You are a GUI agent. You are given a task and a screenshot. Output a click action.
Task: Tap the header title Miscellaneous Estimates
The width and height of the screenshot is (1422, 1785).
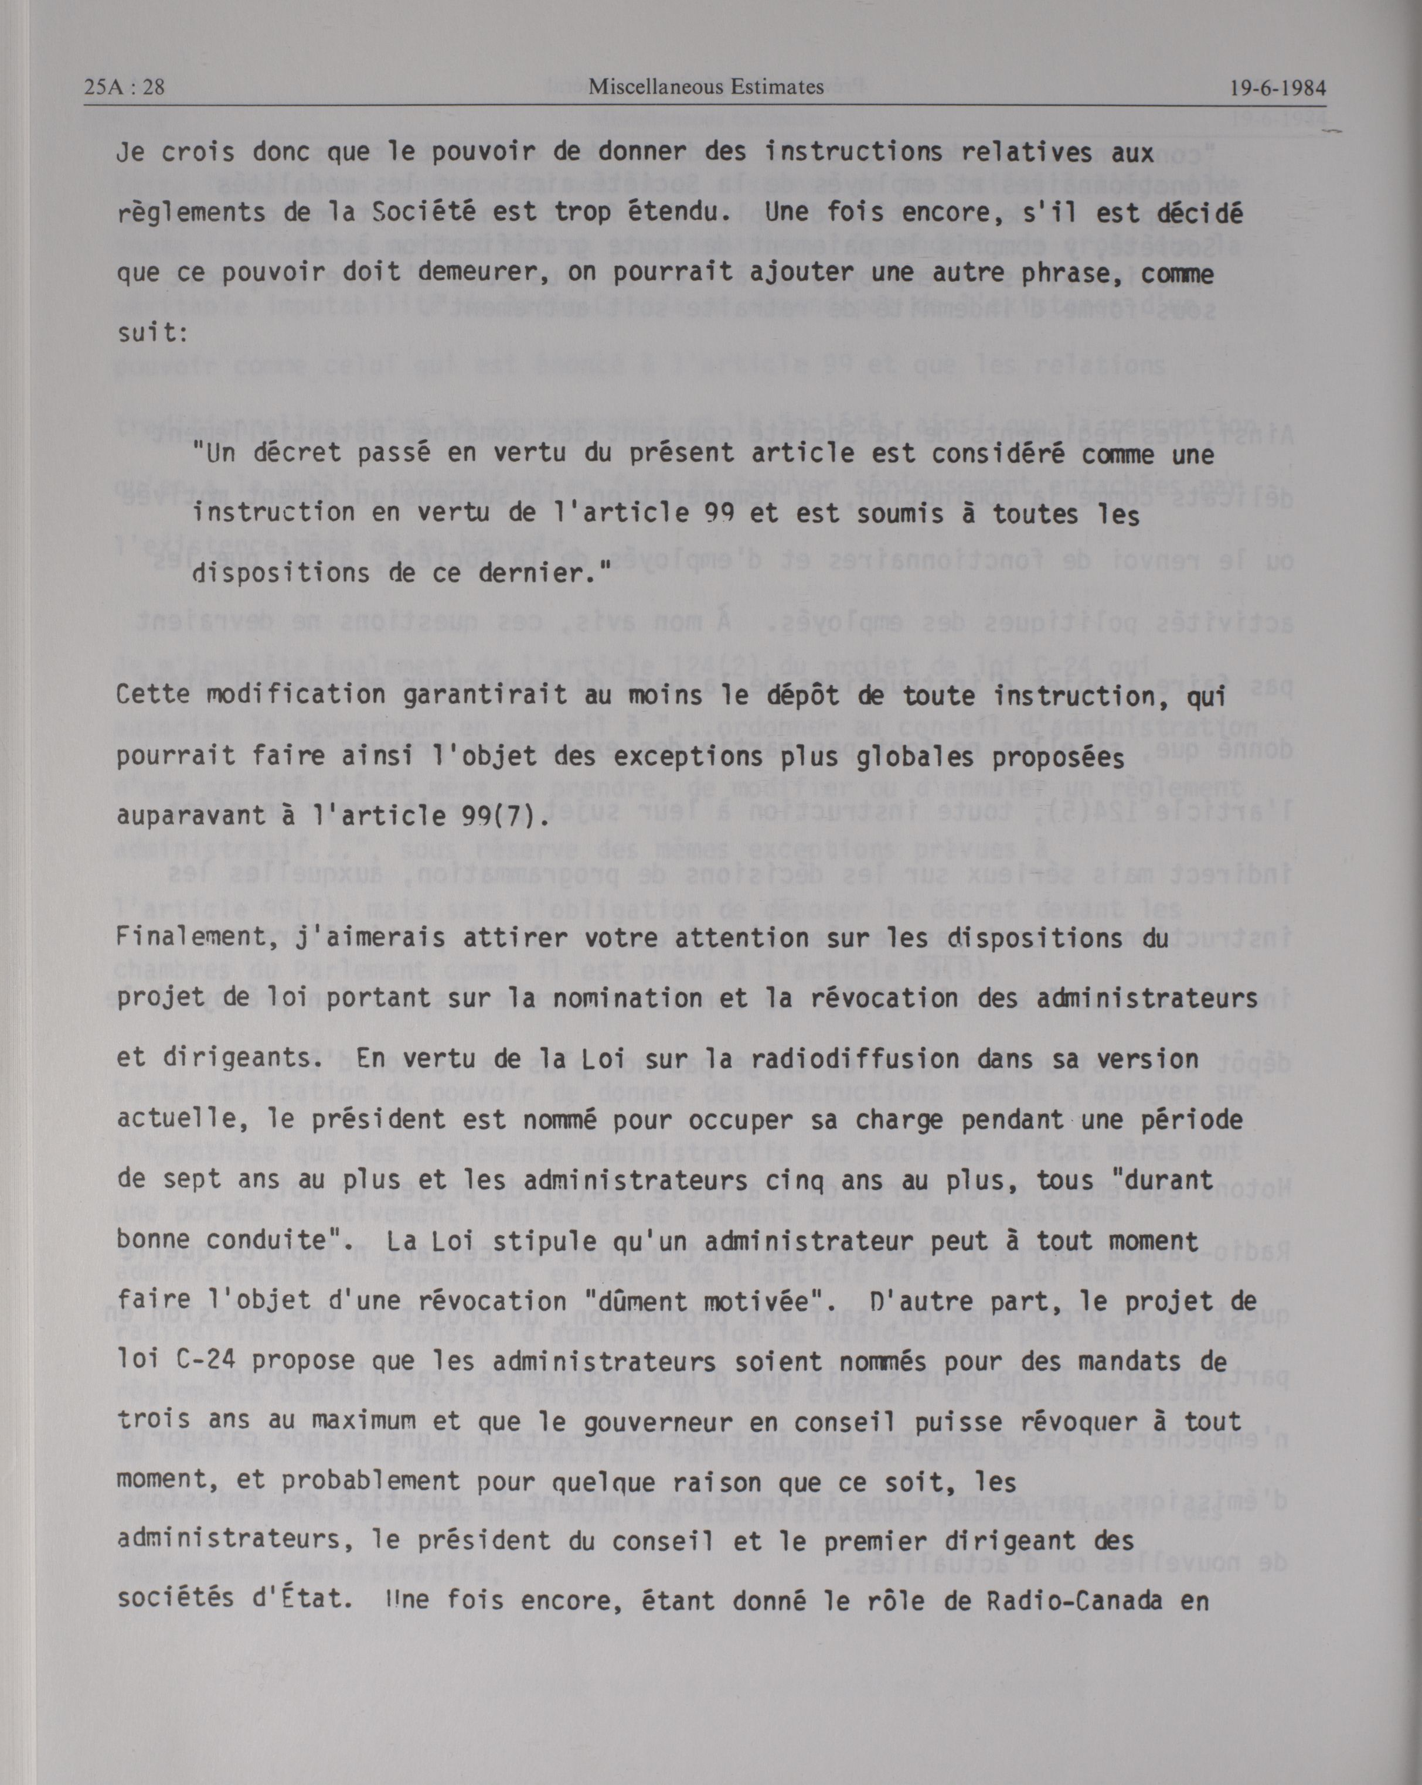click(706, 86)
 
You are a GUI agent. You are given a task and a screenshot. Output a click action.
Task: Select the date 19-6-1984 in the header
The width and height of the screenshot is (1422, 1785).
click(1278, 88)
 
